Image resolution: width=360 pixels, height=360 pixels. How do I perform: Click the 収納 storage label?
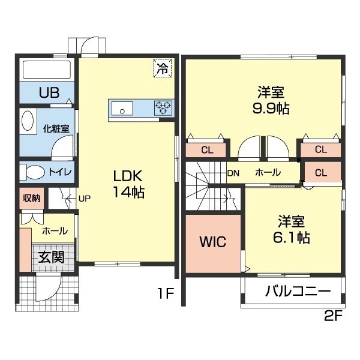pyautogui.click(x=32, y=199)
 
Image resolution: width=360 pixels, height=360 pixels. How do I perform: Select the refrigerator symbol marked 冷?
pyautogui.click(x=163, y=68)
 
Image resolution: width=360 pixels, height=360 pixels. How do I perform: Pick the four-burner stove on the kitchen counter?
pyautogui.click(x=163, y=109)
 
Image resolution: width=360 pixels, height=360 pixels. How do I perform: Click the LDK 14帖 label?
pyautogui.click(x=127, y=184)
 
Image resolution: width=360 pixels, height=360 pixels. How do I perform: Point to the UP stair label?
pyautogui.click(x=83, y=198)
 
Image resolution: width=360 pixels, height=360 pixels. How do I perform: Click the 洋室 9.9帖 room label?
pyautogui.click(x=271, y=101)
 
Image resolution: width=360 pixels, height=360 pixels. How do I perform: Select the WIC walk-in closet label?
pyautogui.click(x=212, y=242)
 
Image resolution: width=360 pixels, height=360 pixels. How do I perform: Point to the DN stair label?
pyautogui.click(x=233, y=173)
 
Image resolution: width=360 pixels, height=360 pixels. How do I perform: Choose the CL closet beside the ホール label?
pyautogui.click(x=320, y=173)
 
